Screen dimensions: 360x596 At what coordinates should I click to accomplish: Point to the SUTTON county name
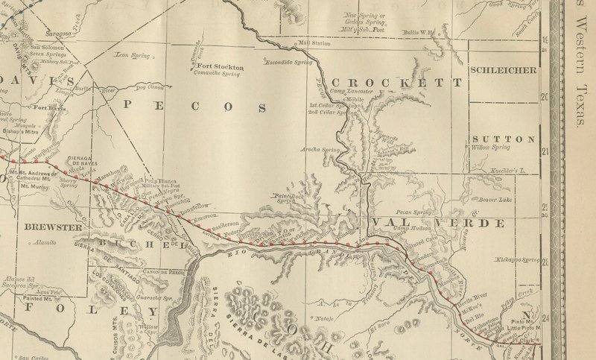(503, 139)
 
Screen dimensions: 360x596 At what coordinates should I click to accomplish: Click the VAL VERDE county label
(431, 223)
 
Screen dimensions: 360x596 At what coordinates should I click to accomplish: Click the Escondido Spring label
(290, 63)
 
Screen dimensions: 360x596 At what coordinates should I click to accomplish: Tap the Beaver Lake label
(494, 200)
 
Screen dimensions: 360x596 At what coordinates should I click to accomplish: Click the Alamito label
(45, 243)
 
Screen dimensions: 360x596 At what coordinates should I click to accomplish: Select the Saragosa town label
(57, 34)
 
